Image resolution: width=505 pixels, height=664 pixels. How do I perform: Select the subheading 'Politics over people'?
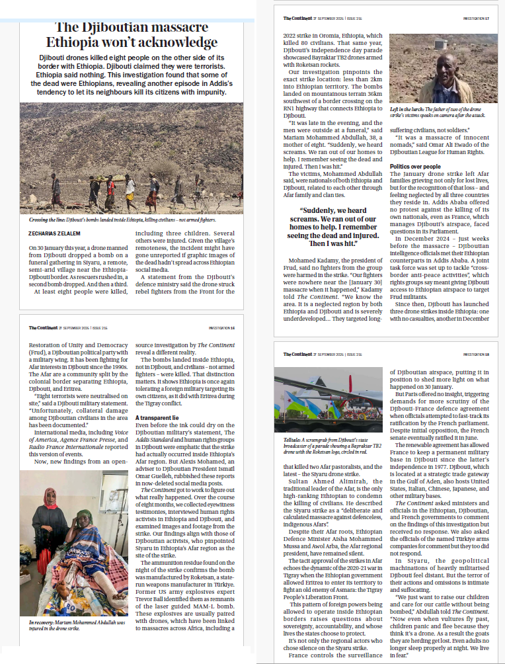415,166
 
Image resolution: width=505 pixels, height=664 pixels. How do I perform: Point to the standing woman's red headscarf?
52,495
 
